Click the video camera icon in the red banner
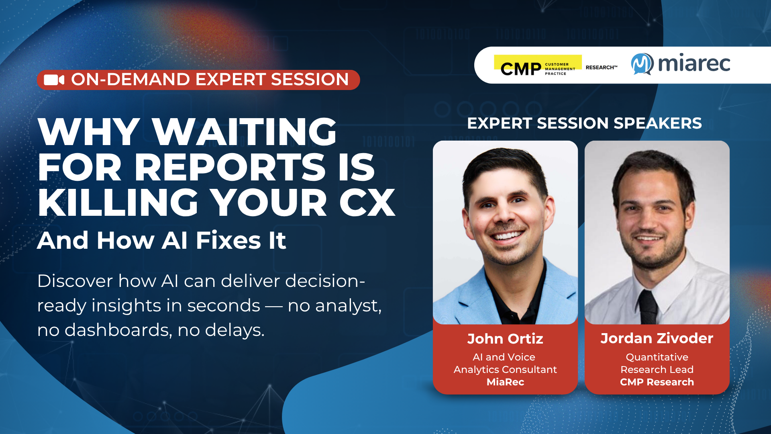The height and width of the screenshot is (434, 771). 54,80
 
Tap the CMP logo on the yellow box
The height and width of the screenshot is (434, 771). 538,65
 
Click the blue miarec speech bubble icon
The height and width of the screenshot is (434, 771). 642,64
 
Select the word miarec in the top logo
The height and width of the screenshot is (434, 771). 694,63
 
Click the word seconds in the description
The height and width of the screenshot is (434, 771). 224,305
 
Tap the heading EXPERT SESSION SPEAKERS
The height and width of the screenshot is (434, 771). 584,123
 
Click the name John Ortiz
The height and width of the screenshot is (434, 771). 505,339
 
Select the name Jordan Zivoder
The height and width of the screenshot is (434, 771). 657,338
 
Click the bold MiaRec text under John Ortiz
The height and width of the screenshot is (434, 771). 505,382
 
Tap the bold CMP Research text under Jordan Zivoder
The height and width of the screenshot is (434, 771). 657,382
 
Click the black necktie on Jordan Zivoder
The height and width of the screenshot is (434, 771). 647,307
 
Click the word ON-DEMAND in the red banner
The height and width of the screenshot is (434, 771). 130,80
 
